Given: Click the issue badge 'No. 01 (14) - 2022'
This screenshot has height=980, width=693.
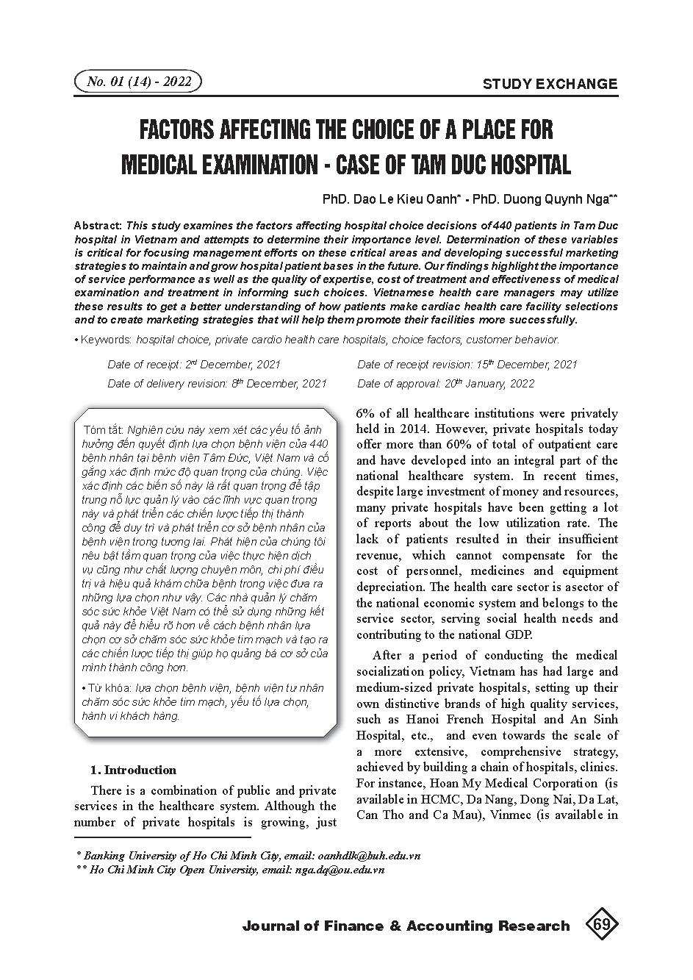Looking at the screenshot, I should pos(137,82).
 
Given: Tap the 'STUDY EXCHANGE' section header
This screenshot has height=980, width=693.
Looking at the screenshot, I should pos(550,84).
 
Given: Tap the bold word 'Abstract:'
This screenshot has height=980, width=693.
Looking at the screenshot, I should pos(99,226).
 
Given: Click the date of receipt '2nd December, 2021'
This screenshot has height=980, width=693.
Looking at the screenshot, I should pos(232,365).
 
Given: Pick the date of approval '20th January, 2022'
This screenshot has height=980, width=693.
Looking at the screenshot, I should pos(489,384).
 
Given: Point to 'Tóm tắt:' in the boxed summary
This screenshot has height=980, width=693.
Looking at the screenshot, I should pos(104,429).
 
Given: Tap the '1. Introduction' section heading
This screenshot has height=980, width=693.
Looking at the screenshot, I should pos(133,770).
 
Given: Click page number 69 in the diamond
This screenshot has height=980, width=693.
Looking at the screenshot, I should pos(601,925).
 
